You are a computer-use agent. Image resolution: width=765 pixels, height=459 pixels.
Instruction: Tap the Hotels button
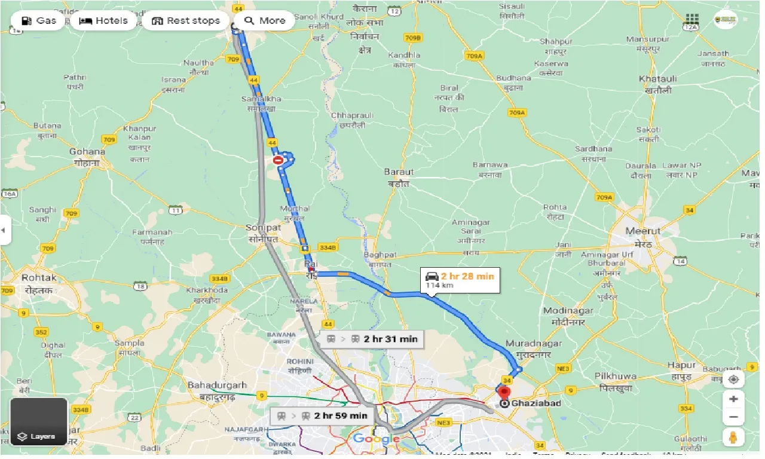pos(104,21)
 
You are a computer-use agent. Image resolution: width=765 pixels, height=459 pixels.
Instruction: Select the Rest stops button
pos(185,21)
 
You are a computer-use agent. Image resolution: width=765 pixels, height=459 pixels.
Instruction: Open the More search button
pos(265,21)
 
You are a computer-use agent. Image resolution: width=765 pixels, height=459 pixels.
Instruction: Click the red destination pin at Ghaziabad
pos(503,393)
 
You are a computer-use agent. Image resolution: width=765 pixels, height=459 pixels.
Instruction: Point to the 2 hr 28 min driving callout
pos(460,279)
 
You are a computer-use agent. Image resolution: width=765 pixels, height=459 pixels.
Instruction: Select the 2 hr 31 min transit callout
pos(372,339)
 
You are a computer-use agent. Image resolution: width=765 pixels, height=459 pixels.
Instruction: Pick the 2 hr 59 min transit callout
pos(322,415)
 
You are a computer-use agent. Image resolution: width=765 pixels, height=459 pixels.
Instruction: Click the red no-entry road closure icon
pos(278,160)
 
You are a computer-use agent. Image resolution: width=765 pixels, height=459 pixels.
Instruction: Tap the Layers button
pos(39,422)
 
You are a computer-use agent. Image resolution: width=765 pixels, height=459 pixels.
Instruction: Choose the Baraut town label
pos(399,172)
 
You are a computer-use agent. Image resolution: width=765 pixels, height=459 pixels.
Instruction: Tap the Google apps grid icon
pos(692,20)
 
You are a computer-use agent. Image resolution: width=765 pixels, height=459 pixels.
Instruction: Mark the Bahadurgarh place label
pos(216,386)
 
